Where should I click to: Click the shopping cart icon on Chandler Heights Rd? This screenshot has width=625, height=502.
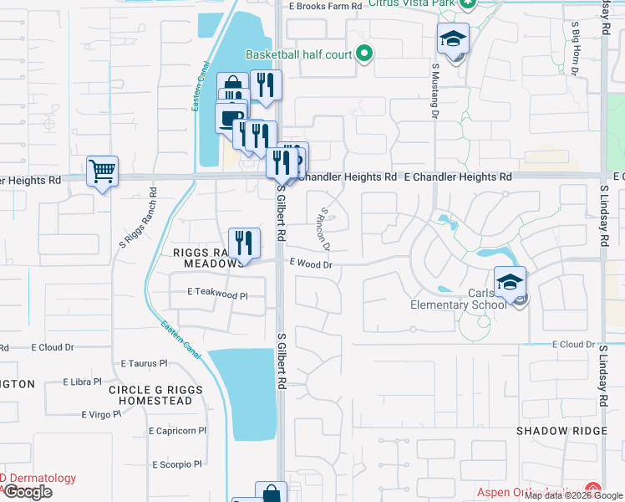[x=102, y=172]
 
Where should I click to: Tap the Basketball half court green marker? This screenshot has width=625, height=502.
[x=363, y=55]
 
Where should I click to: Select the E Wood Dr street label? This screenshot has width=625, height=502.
[x=312, y=264]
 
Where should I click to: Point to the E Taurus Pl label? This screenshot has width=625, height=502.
[x=145, y=364]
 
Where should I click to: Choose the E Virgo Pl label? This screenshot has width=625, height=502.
[x=101, y=414]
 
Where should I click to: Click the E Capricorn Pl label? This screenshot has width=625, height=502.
[x=178, y=431]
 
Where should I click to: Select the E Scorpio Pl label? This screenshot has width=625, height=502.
[x=177, y=464]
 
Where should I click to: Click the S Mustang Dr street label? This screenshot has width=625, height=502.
[x=435, y=89]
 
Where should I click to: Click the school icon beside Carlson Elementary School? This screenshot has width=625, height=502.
[x=510, y=282]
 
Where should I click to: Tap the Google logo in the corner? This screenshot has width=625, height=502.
[x=28, y=492]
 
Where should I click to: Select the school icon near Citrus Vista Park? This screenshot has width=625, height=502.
[x=453, y=38]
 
